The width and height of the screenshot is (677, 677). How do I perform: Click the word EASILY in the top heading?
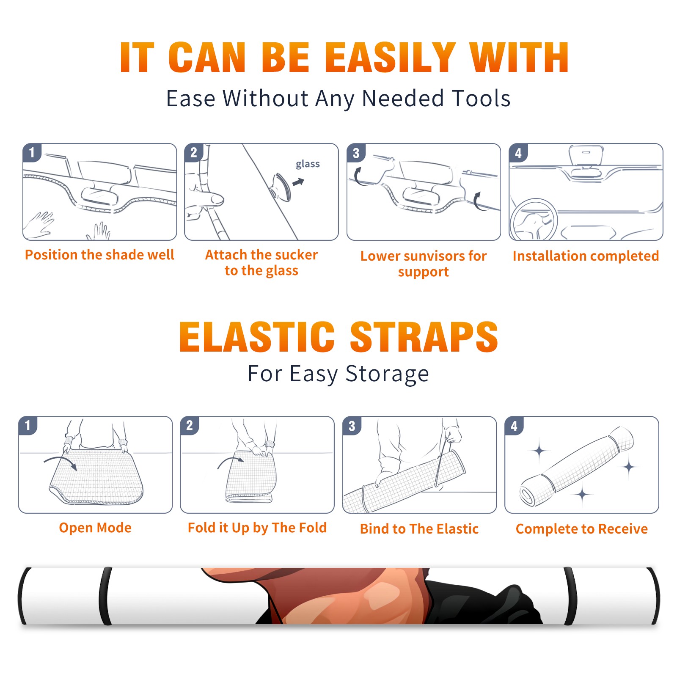coord(390,58)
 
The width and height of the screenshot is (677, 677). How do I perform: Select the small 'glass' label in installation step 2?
coord(308,164)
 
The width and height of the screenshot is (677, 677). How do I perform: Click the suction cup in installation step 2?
coord(281,187)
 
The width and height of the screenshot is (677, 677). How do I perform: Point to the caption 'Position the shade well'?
coord(99,255)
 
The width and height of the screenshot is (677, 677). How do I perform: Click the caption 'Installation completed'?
coord(586,256)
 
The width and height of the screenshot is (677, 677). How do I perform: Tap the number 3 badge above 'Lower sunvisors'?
coord(356,153)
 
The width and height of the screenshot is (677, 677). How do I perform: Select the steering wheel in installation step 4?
coord(534,219)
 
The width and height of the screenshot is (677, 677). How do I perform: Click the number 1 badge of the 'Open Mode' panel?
coord(28,425)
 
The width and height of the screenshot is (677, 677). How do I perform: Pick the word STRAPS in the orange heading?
coord(424,337)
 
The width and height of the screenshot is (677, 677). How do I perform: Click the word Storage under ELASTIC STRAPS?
coord(387,374)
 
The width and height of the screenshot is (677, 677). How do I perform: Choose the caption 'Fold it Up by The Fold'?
coord(257,528)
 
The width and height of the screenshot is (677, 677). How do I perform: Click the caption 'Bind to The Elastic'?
coord(419,529)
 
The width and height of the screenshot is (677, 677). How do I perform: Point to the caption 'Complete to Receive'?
coord(582,529)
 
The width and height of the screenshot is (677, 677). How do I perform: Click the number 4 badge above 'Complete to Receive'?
coord(514,426)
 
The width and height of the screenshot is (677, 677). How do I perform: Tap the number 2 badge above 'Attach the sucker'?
coord(194,153)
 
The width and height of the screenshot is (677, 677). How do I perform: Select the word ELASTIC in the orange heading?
coord(257,337)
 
